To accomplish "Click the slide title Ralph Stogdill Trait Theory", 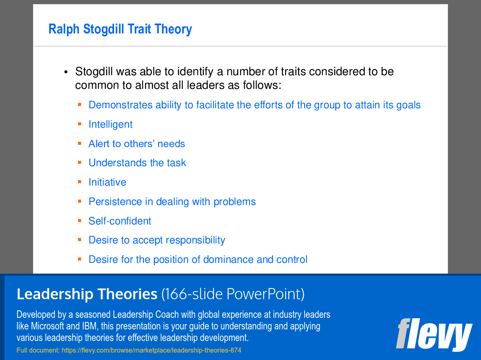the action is [x=120, y=29].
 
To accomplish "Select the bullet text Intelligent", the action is [x=110, y=124].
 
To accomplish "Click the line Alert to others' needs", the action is [x=136, y=144].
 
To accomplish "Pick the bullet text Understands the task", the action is [x=137, y=163].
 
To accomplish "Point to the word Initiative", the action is [x=107, y=182].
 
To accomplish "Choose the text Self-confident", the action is [x=120, y=221].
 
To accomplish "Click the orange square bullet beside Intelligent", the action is [x=80, y=124].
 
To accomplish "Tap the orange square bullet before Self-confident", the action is [x=80, y=220].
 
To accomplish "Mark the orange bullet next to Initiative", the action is [x=80, y=182].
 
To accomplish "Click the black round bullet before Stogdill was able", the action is [x=66, y=72].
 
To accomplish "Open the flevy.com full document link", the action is [x=152, y=350].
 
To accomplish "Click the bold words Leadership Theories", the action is [x=87, y=294].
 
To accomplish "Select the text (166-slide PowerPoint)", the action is [x=233, y=294].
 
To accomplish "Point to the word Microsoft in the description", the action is [x=48, y=326].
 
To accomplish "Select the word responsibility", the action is [x=196, y=240].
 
